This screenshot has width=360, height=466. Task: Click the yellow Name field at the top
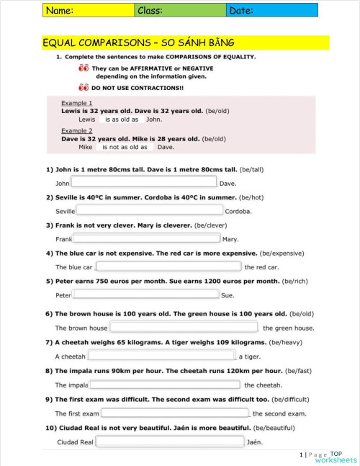(x=88, y=10)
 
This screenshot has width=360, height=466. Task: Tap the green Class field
(x=180, y=10)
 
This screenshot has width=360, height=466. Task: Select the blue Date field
(x=271, y=10)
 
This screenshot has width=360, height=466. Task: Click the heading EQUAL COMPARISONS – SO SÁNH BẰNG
(x=139, y=43)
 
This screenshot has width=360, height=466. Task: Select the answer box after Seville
(x=149, y=210)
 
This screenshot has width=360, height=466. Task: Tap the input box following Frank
(x=146, y=238)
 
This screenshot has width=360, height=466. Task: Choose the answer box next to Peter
(x=146, y=295)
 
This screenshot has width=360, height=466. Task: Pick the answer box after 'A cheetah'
(x=163, y=356)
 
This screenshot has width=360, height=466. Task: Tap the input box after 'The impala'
(x=165, y=385)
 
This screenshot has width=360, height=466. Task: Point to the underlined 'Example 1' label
(x=76, y=103)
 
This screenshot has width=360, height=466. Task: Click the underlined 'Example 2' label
(x=76, y=130)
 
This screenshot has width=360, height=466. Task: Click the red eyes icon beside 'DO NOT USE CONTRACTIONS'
(x=84, y=87)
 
